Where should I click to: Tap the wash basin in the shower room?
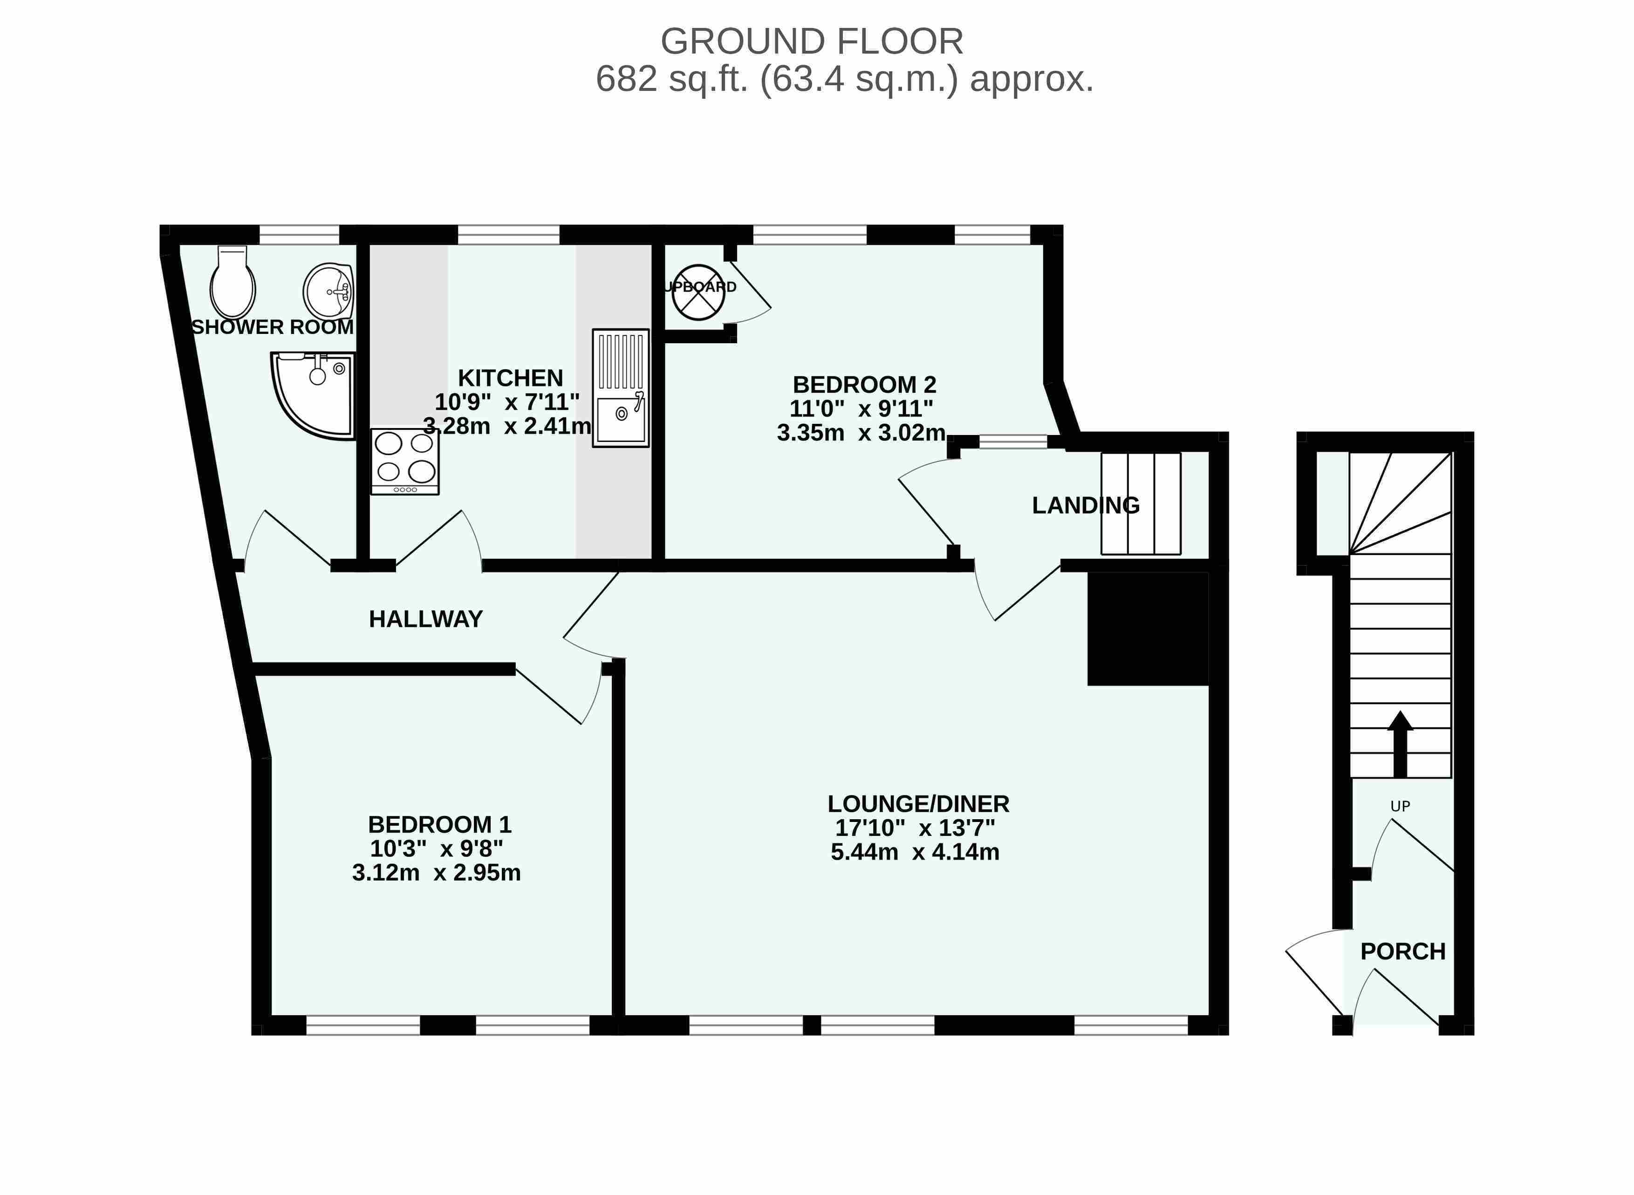328,291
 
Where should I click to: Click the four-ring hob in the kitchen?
404,462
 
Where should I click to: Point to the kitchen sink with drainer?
620,388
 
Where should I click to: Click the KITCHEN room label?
510,378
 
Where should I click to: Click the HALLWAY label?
425,619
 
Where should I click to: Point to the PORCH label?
1402,951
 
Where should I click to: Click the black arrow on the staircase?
1400,744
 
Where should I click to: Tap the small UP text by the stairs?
1400,806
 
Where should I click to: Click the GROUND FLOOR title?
812,41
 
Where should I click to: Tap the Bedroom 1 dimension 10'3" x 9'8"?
437,848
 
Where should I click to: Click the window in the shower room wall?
299,234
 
